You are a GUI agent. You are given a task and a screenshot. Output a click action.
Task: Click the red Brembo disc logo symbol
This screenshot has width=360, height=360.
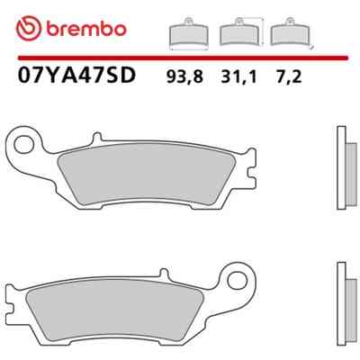point(28,29)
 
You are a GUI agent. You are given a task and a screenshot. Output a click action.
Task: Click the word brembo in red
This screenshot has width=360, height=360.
point(86,30)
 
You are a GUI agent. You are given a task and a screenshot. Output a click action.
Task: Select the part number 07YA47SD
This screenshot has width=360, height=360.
point(76,76)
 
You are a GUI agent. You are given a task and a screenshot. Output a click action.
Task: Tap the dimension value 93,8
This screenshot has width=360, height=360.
point(184,77)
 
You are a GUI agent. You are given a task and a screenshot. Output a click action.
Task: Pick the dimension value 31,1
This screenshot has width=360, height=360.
point(238,77)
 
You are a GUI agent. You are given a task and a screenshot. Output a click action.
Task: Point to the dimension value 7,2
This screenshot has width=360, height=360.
point(288,77)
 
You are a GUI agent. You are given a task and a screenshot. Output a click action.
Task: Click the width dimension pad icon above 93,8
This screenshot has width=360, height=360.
point(189,33)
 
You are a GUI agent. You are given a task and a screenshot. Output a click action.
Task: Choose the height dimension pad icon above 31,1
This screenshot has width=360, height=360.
point(241,32)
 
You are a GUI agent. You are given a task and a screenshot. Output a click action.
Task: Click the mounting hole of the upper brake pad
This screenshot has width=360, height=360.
point(24,145)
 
